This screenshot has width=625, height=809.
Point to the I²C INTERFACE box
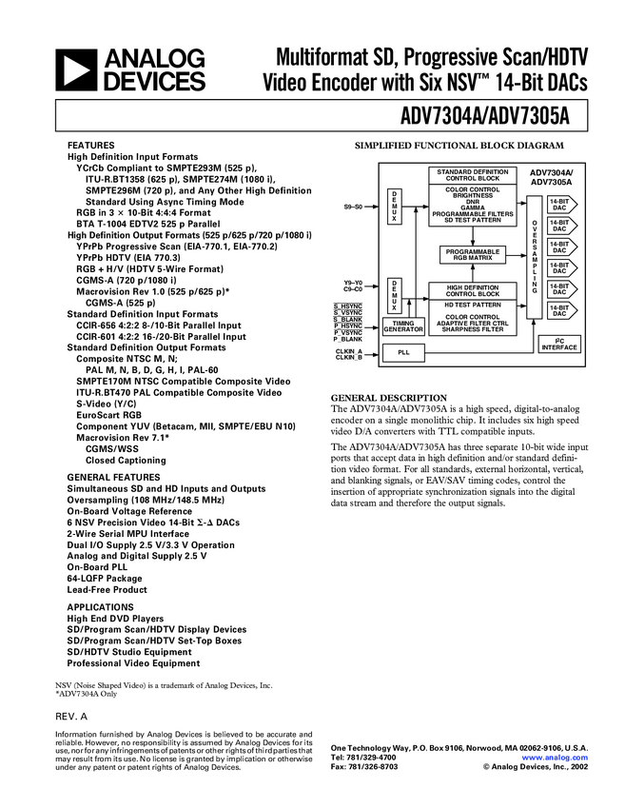coord(558,344)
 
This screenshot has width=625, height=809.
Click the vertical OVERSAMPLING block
coord(534,254)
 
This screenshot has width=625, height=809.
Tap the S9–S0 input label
coord(352,207)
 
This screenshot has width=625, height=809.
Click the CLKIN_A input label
coord(348,349)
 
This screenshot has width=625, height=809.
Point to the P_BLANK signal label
coord(347,339)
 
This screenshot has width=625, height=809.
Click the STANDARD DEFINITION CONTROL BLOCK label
coord(472,175)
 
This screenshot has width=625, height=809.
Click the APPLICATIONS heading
coord(100,606)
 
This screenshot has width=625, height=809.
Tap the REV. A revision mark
coord(71,715)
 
